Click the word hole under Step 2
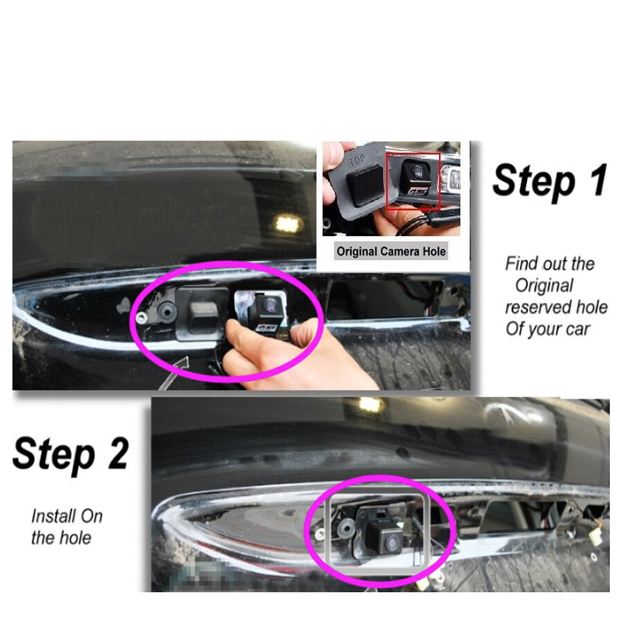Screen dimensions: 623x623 tap(75, 536)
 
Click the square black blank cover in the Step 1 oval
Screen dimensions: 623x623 tap(201, 313)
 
